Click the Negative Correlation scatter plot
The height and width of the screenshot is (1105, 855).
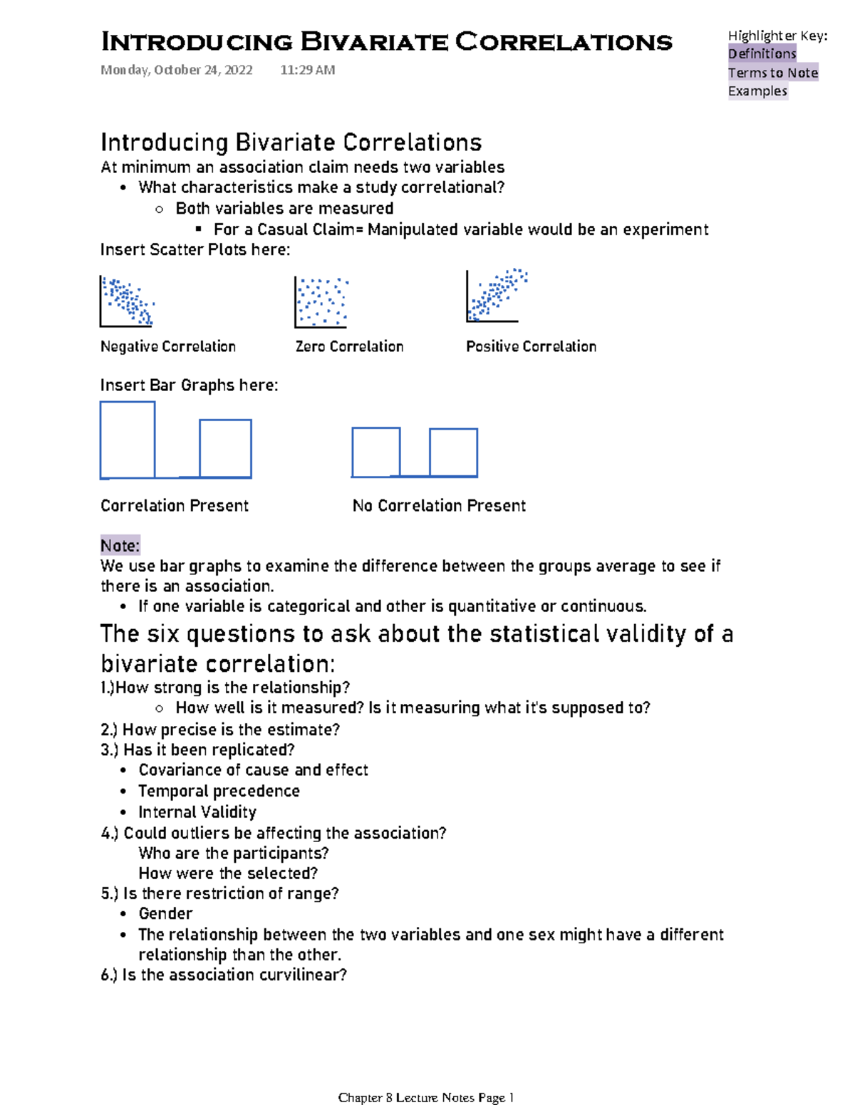tap(127, 301)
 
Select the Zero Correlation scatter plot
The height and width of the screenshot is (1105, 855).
tap(321, 302)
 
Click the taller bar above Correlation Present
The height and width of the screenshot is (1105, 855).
tap(128, 440)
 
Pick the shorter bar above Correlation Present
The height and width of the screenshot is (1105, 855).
tap(225, 448)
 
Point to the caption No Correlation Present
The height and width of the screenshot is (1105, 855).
tap(439, 506)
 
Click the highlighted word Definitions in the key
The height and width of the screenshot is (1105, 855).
tap(762, 53)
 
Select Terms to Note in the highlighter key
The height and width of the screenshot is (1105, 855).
tap(772, 73)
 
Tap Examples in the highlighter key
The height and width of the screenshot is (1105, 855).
tap(757, 91)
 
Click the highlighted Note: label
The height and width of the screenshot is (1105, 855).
tap(120, 546)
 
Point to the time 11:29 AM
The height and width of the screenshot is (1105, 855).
tap(307, 70)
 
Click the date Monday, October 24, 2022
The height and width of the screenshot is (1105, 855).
tap(177, 70)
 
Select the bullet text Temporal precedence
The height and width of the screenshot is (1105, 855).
tap(219, 791)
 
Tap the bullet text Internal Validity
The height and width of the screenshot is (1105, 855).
tap(197, 812)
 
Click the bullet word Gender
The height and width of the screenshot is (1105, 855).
tap(165, 913)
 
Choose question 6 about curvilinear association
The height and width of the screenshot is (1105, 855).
tap(224, 975)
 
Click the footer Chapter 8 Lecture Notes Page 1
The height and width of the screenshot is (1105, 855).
tap(426, 1097)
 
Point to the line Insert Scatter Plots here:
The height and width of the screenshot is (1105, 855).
tap(195, 249)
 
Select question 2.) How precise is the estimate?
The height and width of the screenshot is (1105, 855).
tap(220, 730)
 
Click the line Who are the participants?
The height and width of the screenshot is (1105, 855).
tap(234, 853)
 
